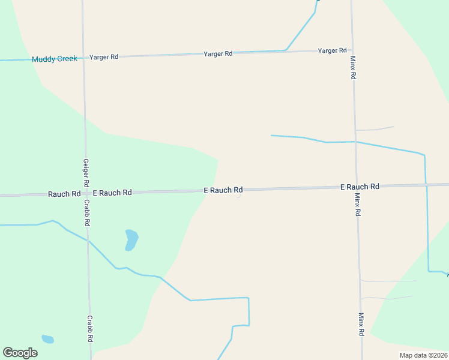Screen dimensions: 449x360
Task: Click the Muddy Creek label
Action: click(x=55, y=59)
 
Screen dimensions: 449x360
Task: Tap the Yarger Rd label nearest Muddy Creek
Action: click(x=104, y=56)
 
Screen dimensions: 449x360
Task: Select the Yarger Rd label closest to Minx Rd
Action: click(x=332, y=50)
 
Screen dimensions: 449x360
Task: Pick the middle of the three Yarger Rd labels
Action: click(x=218, y=53)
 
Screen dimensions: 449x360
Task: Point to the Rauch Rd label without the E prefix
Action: click(x=64, y=194)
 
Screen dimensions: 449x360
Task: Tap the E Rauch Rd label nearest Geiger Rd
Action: click(x=112, y=193)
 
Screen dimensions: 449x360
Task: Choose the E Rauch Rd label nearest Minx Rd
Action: click(x=360, y=187)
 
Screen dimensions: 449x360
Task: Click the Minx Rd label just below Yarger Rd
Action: click(x=354, y=68)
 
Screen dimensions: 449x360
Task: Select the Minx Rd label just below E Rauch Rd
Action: click(x=357, y=205)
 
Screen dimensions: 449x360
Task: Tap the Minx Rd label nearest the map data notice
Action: click(x=361, y=324)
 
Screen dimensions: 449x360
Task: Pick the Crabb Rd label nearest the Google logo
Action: click(x=89, y=329)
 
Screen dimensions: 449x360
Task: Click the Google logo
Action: click(x=20, y=353)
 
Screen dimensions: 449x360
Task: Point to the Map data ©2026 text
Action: click(x=423, y=355)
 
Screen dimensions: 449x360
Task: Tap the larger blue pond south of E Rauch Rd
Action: click(x=131, y=239)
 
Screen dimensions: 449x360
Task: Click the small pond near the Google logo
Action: click(x=47, y=339)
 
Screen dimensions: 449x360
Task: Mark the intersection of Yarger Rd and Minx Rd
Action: click(x=352, y=50)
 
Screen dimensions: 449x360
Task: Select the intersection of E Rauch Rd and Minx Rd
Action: click(x=356, y=187)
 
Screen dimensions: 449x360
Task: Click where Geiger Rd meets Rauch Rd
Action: click(x=86, y=193)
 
